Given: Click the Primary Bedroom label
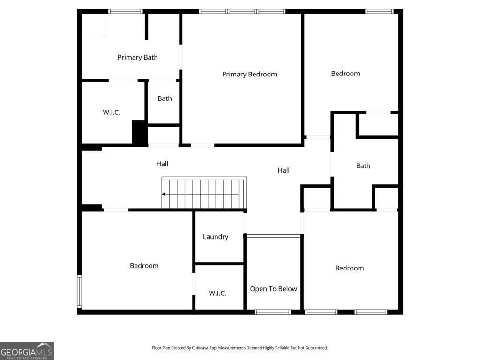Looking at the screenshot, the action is pyautogui.click(x=249, y=75).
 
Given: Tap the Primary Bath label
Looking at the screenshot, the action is pyautogui.click(x=138, y=57).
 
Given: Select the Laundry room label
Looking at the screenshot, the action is pyautogui.click(x=216, y=237).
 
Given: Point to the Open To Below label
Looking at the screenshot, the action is pyautogui.click(x=273, y=289).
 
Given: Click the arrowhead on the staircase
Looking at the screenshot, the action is pyautogui.click(x=164, y=194).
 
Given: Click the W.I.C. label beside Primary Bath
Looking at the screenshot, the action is pyautogui.click(x=112, y=112).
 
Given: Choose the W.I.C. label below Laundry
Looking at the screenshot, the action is pyautogui.click(x=217, y=293).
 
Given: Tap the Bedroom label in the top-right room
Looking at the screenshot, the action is pyautogui.click(x=345, y=74).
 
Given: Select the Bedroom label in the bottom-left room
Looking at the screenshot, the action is pyautogui.click(x=144, y=266).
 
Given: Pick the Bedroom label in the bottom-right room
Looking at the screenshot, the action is pyautogui.click(x=349, y=268).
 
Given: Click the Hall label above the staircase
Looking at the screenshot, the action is pyautogui.click(x=162, y=164).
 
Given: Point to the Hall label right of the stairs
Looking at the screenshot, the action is pyautogui.click(x=284, y=170).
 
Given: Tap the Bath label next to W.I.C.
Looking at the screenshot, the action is pyautogui.click(x=165, y=98).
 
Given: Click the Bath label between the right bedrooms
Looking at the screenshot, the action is pyautogui.click(x=363, y=166).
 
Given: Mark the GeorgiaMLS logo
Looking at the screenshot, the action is pyautogui.click(x=27, y=351).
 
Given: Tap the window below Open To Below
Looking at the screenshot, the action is pyautogui.click(x=272, y=312).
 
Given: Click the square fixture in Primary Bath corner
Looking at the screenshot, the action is pyautogui.click(x=93, y=26).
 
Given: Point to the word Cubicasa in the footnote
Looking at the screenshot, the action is pyautogui.click(x=201, y=348).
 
